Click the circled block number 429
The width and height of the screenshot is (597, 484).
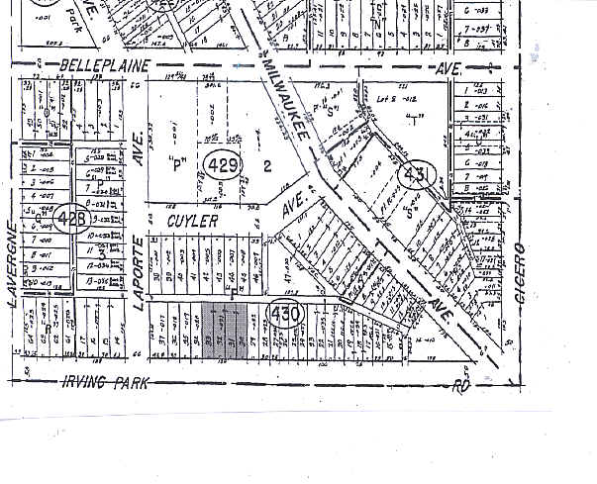click(220, 164)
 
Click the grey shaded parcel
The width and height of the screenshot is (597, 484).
click(224, 330)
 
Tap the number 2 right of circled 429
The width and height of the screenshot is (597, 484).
click(266, 165)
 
